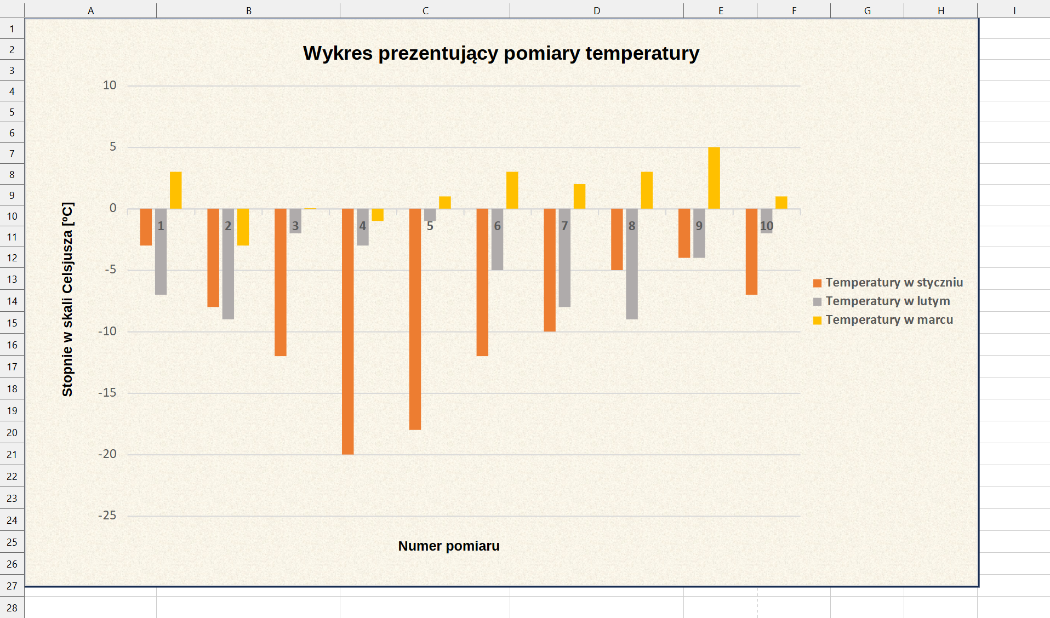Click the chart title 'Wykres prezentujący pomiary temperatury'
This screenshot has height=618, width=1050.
tap(501, 54)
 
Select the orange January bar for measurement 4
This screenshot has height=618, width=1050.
tap(347, 331)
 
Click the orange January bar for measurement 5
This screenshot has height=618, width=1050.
tap(415, 319)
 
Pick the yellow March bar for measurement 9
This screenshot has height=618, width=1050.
tap(714, 178)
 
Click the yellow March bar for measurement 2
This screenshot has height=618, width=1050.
tap(243, 227)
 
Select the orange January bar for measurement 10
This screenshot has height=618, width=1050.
tap(751, 251)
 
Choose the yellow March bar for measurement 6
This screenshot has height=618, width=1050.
tap(512, 190)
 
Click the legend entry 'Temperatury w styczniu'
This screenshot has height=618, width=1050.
tap(893, 283)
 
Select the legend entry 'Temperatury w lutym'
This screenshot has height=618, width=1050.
tap(887, 301)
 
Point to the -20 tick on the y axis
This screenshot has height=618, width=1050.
tap(107, 454)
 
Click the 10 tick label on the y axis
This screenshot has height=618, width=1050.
tap(110, 85)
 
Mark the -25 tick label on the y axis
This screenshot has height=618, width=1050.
tap(107, 516)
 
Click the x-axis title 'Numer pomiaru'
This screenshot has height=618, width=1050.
tap(448, 546)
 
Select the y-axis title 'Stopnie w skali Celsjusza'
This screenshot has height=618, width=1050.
tap(67, 299)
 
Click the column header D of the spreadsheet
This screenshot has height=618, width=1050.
tap(596, 10)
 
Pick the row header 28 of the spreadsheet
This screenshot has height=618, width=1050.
tap(12, 608)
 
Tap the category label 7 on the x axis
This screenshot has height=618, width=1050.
tap(564, 226)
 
